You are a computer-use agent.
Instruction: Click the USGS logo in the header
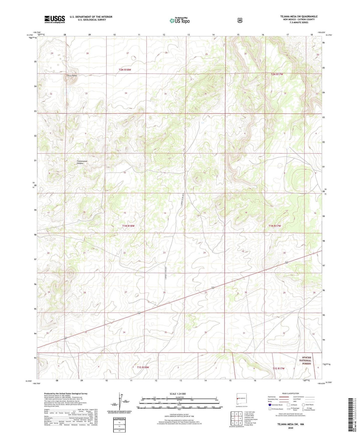(55, 19)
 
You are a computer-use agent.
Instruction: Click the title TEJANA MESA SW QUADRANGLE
(299, 17)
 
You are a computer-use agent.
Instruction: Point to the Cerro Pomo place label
(72, 76)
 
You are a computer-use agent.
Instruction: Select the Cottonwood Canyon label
(82, 162)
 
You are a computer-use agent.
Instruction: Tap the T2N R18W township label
(125, 70)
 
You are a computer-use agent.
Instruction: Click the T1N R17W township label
(275, 226)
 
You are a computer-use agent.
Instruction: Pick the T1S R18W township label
(143, 367)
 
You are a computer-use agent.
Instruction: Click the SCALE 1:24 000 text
(178, 394)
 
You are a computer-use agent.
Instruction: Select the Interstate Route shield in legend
(270, 405)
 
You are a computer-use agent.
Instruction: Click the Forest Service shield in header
(240, 20)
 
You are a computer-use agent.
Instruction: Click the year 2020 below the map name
(290, 428)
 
